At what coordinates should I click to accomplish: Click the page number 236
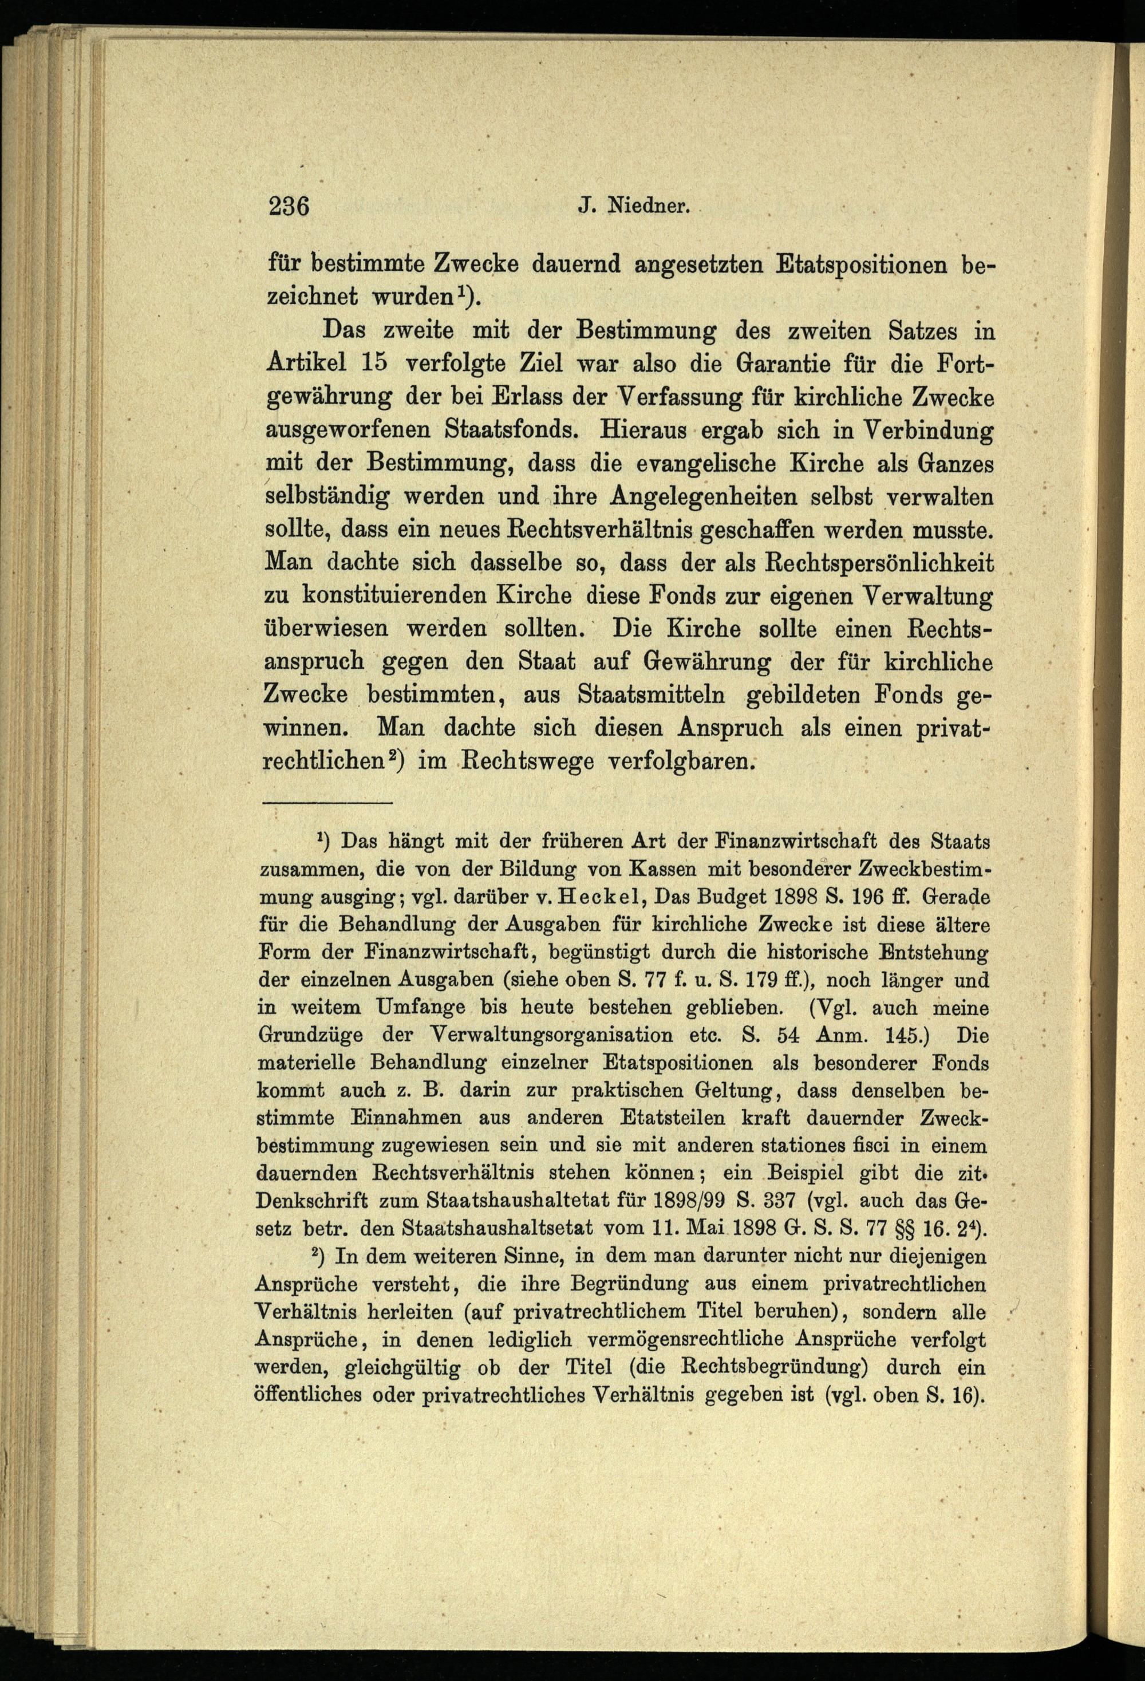coord(289,206)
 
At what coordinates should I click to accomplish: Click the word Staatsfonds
coord(511,429)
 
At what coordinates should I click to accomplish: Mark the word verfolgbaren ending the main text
coord(680,761)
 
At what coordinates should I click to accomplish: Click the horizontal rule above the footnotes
coord(327,802)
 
